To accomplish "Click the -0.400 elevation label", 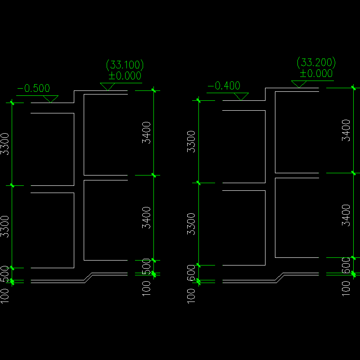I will tap(224, 85).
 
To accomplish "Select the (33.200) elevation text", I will tap(316, 62).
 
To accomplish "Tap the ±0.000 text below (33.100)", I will tap(125, 76).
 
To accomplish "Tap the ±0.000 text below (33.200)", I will tap(316, 73).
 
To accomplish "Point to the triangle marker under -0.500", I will tap(50, 99).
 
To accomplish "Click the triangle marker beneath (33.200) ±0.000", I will tap(299, 84).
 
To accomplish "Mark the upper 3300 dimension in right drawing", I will tap(191, 141).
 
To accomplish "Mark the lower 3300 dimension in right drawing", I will tap(191, 224).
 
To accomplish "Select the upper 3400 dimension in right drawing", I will tap(346, 130).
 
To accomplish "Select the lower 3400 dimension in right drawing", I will tap(346, 215).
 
